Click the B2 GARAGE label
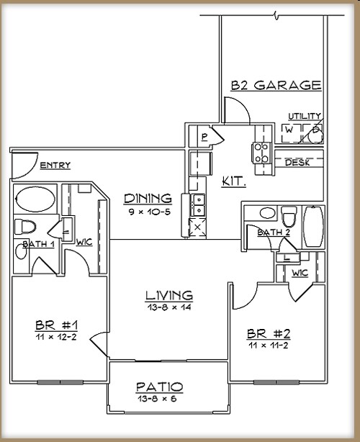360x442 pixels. pos(276,85)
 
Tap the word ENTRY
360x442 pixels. pos(55,166)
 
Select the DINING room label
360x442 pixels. pos(148,198)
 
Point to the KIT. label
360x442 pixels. pos(234,181)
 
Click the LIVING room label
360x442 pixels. pos(168,295)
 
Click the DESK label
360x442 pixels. pos(297,163)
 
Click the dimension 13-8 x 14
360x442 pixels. pos(168,307)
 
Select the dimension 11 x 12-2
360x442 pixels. pos(56,336)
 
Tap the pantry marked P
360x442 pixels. pos(205,136)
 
